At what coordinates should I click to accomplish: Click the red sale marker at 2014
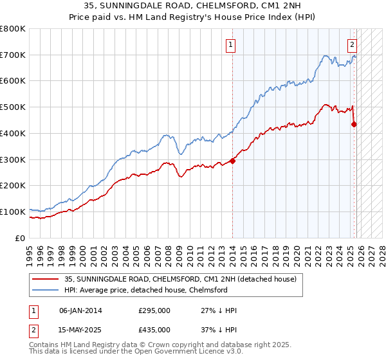(232, 161)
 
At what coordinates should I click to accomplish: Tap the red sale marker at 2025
(354, 124)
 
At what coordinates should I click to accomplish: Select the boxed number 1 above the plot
(230, 45)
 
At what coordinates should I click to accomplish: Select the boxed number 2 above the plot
(353, 45)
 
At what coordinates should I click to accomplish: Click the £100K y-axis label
(14, 212)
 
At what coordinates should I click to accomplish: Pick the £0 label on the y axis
(21, 238)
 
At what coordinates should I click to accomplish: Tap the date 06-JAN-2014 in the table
(80, 310)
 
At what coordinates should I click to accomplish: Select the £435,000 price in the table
(154, 329)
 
